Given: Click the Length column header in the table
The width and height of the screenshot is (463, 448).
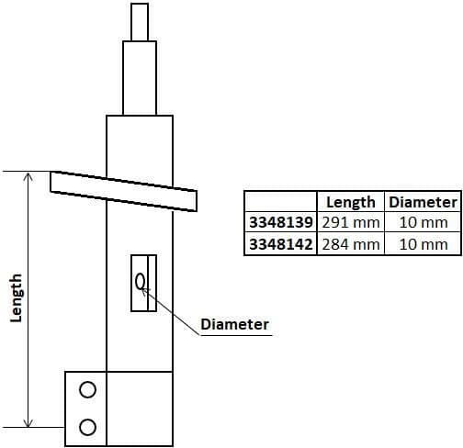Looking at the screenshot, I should tap(351, 202).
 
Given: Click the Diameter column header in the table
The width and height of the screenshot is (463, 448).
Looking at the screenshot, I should tap(422, 202).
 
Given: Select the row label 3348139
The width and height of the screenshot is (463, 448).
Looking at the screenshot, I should tap(280, 223).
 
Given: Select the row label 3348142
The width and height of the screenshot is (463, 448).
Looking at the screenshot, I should tap(280, 244).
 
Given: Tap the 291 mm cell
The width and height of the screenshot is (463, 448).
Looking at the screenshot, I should tap(351, 223).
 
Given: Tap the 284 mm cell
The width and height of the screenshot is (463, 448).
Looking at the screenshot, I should tap(351, 244).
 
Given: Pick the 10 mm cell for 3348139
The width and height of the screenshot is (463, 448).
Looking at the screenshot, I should tap(422, 223).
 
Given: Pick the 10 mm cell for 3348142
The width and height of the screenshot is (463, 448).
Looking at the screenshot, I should tap(422, 244).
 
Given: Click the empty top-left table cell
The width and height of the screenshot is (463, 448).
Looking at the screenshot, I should tap(280, 202).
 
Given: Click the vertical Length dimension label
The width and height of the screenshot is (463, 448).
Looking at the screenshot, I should tap(16, 298).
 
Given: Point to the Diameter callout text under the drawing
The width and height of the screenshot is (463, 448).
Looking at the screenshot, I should tap(234, 325).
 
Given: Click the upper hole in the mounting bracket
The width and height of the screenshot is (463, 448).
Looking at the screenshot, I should tap(87, 389).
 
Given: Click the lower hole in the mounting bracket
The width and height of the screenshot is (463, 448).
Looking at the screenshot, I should tap(87, 426).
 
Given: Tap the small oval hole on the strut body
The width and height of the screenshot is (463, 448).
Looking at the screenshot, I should tap(141, 282).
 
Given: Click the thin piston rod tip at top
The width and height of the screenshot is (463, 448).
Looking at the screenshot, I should tap(140, 21).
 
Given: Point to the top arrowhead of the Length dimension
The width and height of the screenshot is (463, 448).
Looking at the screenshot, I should tap(29, 176).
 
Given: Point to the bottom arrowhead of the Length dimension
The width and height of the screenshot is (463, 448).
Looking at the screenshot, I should tap(29, 421).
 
